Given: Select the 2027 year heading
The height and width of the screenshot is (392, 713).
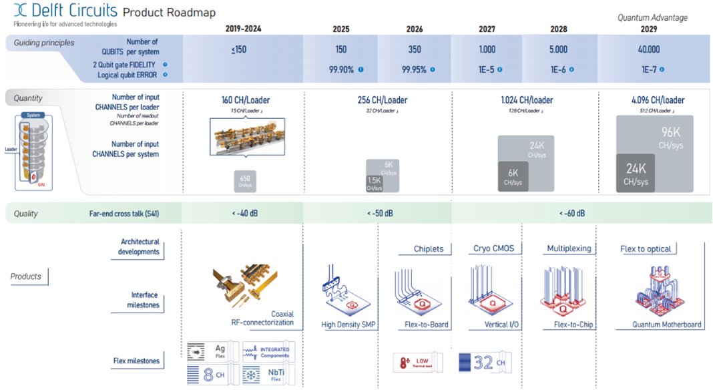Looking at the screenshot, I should tap(487, 29).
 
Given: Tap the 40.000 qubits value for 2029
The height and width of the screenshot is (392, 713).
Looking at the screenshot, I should tap(648, 49).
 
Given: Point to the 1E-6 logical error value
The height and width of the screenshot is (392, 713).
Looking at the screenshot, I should tap(558, 69).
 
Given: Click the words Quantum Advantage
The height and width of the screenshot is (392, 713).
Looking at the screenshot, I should tap(652, 17).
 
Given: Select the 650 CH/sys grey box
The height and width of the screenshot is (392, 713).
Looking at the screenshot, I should tap(245, 181).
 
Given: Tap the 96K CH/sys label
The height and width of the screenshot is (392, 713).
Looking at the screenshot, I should tap(672, 138).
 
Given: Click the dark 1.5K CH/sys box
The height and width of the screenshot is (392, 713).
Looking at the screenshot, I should tap(374, 184).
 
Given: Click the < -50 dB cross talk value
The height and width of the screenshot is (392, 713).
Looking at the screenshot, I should tap(379, 214).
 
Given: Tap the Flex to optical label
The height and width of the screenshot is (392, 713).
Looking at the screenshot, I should tap(646, 248).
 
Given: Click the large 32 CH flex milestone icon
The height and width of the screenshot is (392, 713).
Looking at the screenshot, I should tap(483, 363).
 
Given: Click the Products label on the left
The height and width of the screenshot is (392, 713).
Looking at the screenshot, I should tap(26, 276).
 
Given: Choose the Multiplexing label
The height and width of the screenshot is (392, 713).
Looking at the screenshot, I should tap(569, 248).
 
